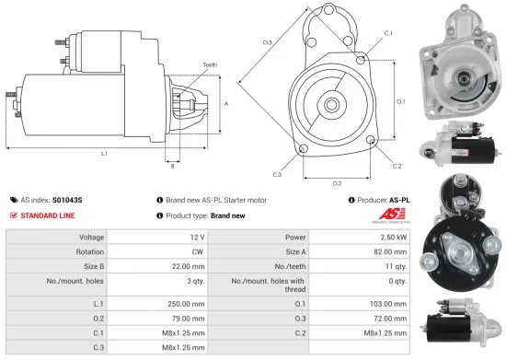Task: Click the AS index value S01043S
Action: [67, 199]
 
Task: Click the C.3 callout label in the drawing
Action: [277, 173]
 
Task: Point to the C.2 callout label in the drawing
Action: [397, 166]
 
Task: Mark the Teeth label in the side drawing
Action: [211, 64]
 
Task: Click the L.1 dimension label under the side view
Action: [104, 153]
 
